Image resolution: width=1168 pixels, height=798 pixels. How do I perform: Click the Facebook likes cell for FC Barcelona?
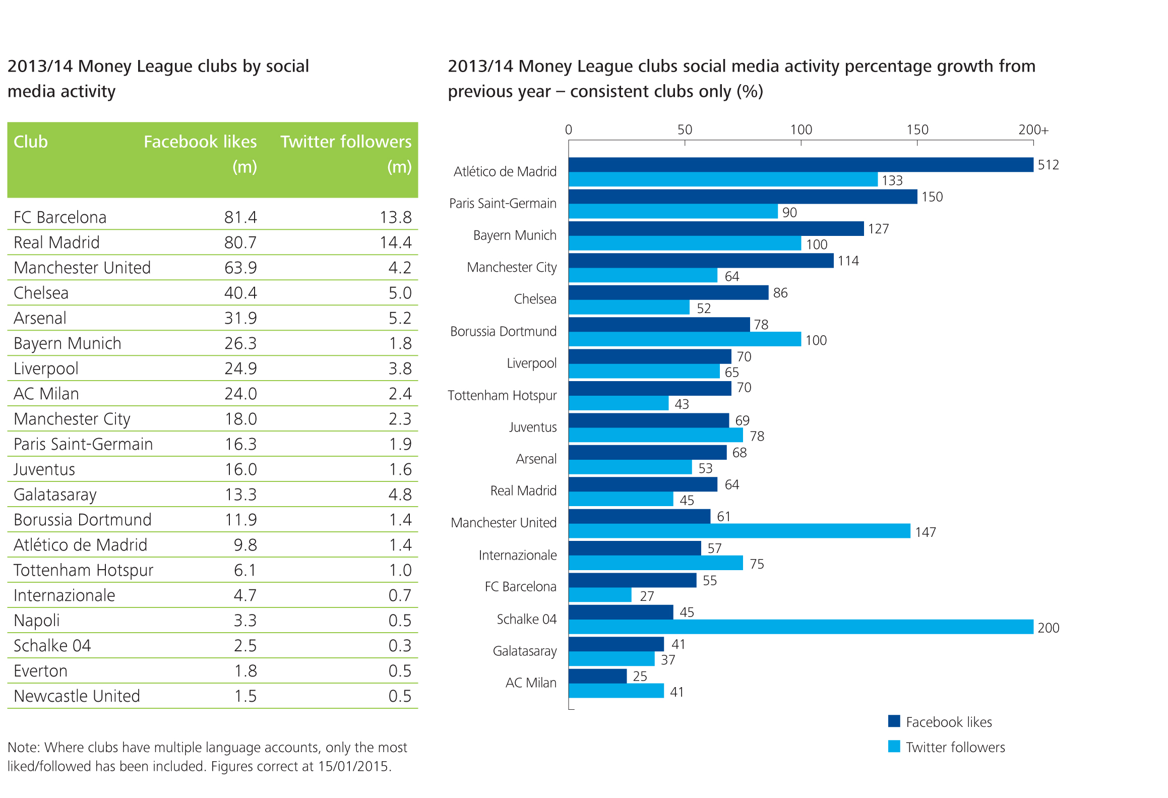click(x=240, y=217)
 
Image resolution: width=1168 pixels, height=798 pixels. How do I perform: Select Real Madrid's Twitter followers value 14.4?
click(x=396, y=242)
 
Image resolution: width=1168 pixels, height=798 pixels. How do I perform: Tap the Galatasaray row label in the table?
click(x=55, y=495)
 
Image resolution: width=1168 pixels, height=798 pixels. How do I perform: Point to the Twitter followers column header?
click(x=346, y=142)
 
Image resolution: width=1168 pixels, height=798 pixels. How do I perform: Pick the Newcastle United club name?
click(x=77, y=696)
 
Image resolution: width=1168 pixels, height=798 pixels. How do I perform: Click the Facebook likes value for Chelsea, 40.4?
click(x=240, y=293)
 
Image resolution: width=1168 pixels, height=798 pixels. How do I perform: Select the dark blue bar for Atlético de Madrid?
click(x=801, y=165)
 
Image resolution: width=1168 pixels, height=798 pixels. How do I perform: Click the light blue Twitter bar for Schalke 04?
click(x=801, y=627)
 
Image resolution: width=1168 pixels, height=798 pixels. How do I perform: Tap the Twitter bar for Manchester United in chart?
click(x=739, y=531)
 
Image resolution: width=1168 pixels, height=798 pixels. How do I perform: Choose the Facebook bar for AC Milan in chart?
click(x=597, y=676)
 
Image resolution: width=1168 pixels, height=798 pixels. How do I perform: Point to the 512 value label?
click(x=1048, y=165)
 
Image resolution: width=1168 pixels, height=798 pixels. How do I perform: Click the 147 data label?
click(x=926, y=532)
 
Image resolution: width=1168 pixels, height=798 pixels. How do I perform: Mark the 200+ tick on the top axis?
click(x=1033, y=130)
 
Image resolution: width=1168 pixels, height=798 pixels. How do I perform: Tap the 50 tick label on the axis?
click(x=685, y=130)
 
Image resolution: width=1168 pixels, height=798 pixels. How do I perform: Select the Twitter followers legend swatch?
click(x=894, y=746)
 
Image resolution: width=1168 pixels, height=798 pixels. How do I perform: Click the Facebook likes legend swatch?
click(x=894, y=721)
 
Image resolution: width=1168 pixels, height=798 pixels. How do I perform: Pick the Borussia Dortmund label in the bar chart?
click(x=503, y=332)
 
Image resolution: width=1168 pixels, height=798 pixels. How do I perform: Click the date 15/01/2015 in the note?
click(x=353, y=767)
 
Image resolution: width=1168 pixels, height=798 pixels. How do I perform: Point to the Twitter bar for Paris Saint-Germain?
click(x=673, y=212)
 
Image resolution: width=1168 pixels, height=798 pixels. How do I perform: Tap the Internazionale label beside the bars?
click(x=518, y=556)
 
